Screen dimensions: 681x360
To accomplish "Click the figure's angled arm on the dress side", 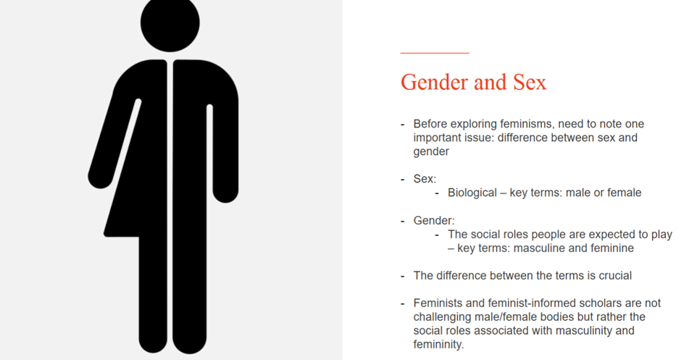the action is [x=114, y=143].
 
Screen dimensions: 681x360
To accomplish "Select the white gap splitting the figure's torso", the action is [x=170, y=204].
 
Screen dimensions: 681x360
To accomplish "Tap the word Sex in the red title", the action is [x=530, y=82].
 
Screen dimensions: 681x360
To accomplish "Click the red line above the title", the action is [x=435, y=53].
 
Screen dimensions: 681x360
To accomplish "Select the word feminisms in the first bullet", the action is [x=527, y=124].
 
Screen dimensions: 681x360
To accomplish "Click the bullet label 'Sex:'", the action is [x=425, y=179].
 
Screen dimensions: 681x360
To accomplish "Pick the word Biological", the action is [x=472, y=193].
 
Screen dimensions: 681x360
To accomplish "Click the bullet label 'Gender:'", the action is [x=434, y=221].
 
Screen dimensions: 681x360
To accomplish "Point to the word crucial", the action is [x=615, y=276].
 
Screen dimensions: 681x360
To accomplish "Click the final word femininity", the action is [x=438, y=345].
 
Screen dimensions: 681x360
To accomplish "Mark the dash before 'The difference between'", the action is [x=403, y=276].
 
